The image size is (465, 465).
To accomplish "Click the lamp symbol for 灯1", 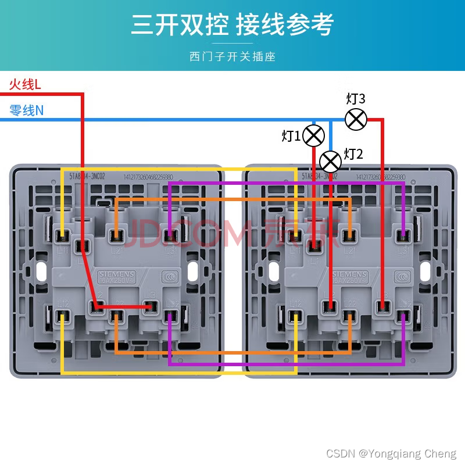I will coord(314,136).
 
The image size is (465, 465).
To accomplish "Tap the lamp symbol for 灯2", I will coord(331,160).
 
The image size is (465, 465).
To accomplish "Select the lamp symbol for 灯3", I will coord(356,119).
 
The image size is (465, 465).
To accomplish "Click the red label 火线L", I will coord(25,85).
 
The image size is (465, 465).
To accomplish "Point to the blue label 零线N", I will coord(27,110).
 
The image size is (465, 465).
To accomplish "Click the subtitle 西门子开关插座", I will coord(233,56).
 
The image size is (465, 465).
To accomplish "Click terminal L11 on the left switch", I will coord(62,236).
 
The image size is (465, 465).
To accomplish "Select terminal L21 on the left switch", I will coord(116,236).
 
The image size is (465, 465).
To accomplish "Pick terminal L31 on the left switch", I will coord(170,236).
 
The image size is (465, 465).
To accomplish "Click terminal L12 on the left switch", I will coord(62,316).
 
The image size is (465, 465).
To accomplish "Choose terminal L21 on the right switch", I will coord(349,236).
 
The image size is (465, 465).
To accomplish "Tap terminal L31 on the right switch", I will coord(402,236).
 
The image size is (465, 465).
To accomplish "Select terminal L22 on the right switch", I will coord(349,316).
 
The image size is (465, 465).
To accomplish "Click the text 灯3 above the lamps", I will coord(356,98).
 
